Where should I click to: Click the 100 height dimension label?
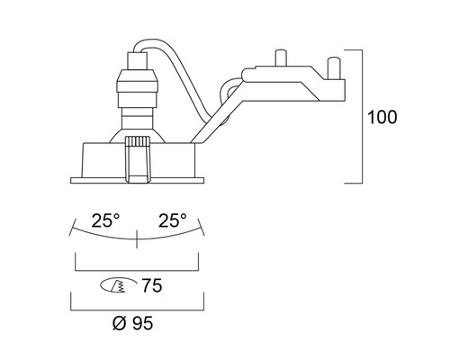click(x=382, y=117)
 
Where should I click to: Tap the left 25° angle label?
click(x=105, y=220)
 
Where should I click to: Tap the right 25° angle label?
click(x=173, y=220)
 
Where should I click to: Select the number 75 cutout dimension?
click(x=152, y=285)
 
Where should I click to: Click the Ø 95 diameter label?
click(x=133, y=323)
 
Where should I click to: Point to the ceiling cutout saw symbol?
click(x=118, y=285)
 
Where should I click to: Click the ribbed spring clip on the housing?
click(x=138, y=159)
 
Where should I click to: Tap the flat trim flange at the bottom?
click(x=137, y=180)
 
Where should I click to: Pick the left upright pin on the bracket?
click(x=281, y=58)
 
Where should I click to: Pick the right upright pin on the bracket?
click(x=334, y=68)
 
